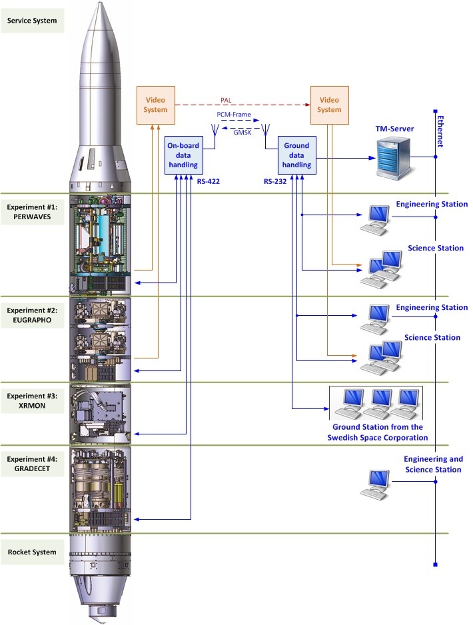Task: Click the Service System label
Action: click(x=32, y=21)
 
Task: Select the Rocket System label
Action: click(x=32, y=552)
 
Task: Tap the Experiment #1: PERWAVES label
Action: click(x=32, y=213)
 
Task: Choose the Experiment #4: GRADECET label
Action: click(x=32, y=464)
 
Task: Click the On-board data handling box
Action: click(x=183, y=155)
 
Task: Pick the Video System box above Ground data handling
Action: click(x=329, y=105)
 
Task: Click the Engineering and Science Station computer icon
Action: click(x=374, y=484)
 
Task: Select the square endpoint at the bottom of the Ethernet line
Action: click(x=434, y=565)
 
